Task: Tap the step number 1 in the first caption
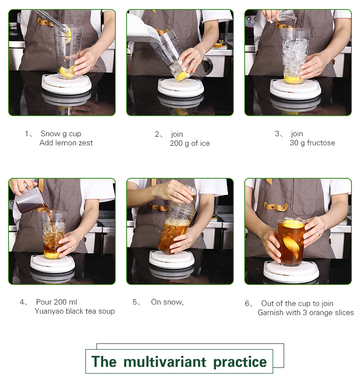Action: click(x=27, y=134)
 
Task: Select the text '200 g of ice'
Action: click(x=190, y=143)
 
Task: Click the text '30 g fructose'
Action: click(x=312, y=143)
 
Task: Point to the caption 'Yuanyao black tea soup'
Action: click(x=74, y=311)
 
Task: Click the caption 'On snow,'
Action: click(x=167, y=302)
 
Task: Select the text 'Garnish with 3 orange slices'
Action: click(x=305, y=313)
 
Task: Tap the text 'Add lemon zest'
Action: click(x=66, y=143)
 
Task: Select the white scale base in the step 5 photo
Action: click(x=171, y=259)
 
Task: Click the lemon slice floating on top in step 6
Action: click(x=293, y=224)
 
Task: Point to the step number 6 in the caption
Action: click(x=247, y=304)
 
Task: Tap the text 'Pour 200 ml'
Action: click(x=56, y=302)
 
